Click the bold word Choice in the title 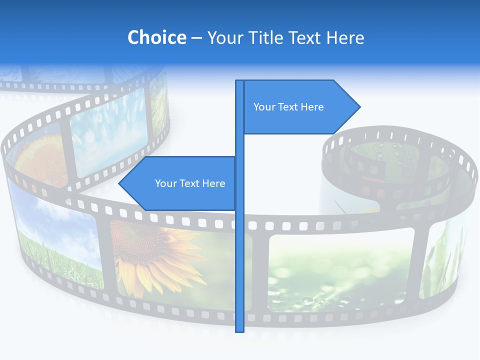156,37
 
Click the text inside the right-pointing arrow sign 288,107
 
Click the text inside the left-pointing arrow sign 190,183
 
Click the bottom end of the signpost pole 240,330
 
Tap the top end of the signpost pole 240,81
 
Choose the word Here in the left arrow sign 213,183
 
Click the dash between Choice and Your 196,38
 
